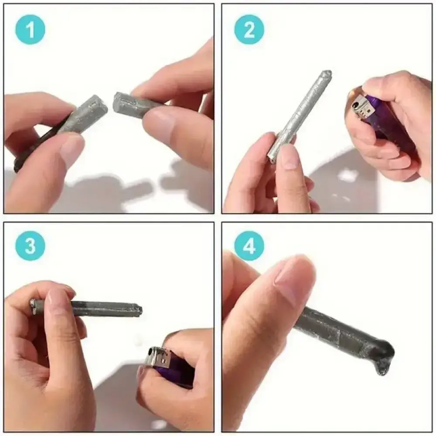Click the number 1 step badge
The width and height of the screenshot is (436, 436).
point(31,30)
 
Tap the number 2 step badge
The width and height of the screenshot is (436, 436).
point(249,30)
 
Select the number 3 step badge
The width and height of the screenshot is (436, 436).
point(31,246)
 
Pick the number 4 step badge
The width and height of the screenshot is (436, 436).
point(249,246)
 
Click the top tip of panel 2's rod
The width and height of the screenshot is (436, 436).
point(327,72)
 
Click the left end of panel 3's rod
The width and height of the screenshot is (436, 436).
point(33,307)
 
